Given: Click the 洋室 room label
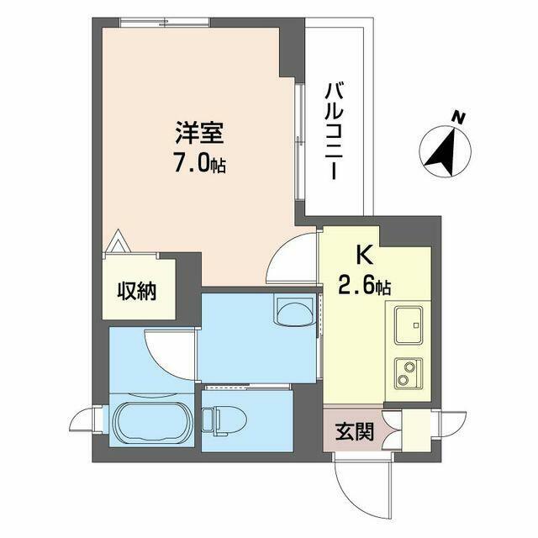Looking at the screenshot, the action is (200, 133).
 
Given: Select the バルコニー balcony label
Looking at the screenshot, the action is (335, 131).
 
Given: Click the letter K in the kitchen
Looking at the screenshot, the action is (365, 256).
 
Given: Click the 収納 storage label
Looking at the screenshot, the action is (137, 291).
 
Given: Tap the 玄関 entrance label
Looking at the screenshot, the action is (355, 431).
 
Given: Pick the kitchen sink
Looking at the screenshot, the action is (409, 325).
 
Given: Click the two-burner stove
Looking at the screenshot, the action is (409, 373).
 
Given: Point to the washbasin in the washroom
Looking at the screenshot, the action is (295, 311).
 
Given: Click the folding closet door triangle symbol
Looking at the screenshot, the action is (118, 241).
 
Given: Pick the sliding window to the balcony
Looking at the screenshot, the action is (300, 142).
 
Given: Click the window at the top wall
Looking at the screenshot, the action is (165, 22).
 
